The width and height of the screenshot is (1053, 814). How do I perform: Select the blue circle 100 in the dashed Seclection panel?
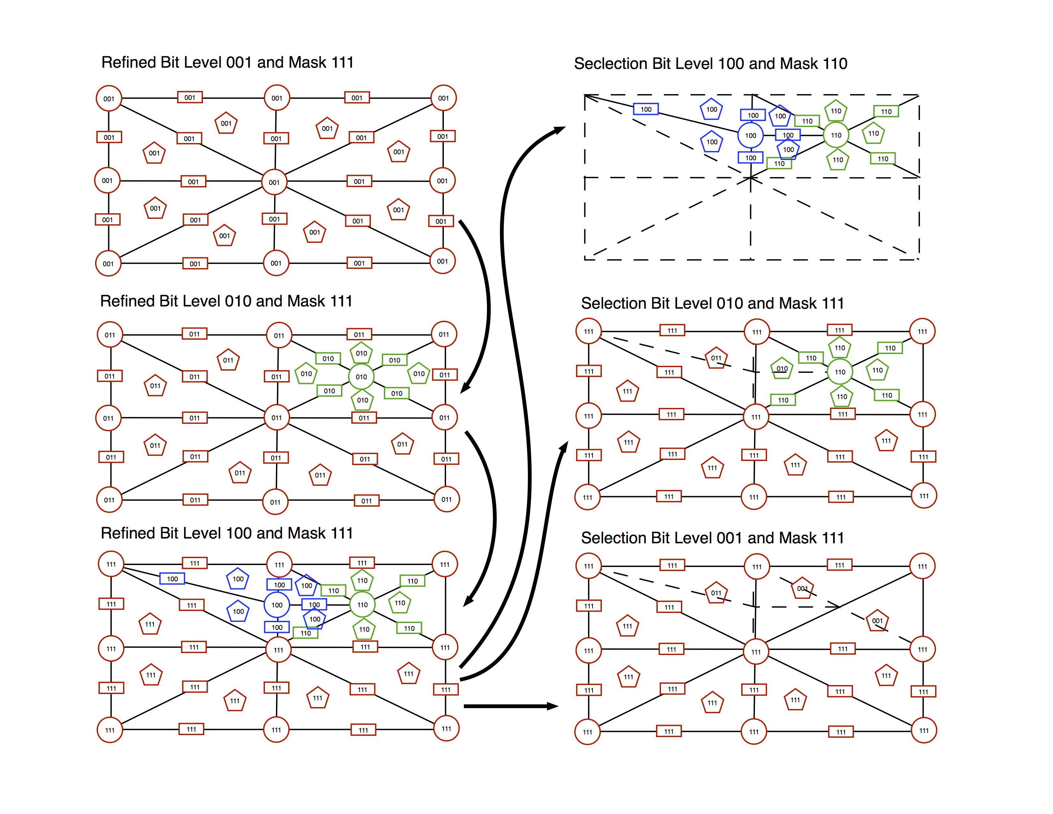750,135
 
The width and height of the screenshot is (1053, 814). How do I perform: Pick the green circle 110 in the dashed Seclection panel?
836,135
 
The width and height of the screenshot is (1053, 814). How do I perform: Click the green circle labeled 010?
361,377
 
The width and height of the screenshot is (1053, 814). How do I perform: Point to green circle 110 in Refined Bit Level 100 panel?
362,605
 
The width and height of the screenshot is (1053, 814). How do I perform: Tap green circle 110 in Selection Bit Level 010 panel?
840,372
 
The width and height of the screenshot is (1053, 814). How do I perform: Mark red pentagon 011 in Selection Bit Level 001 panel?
716,593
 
